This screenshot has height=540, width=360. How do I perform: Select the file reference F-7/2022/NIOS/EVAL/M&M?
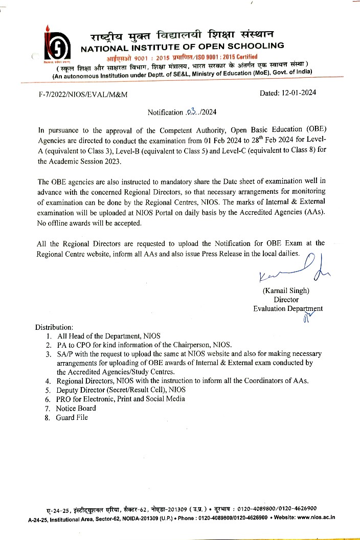(83, 95)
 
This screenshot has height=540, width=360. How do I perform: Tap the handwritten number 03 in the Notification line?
(191, 111)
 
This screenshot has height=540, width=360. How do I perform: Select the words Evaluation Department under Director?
(288, 308)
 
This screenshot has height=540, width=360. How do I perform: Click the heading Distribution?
(54, 327)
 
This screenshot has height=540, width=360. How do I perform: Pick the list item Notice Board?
(76, 408)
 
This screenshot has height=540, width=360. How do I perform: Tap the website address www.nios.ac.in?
(316, 517)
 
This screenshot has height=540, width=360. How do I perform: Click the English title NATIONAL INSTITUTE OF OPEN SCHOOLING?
(183, 46)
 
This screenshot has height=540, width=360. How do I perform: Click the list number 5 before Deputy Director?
(48, 390)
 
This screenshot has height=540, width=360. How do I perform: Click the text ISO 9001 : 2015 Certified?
(231, 56)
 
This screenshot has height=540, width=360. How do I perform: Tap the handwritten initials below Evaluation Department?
(308, 320)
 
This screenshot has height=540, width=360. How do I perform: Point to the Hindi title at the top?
(182, 35)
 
